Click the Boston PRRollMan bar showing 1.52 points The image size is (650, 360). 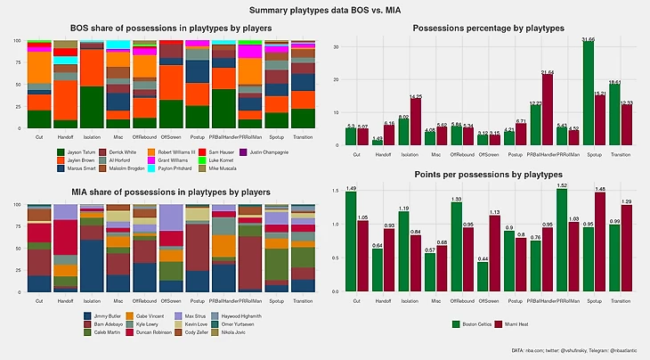click(x=562, y=240)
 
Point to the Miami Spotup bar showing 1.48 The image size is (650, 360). click(x=600, y=241)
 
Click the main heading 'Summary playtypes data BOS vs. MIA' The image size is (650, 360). click(x=324, y=10)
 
